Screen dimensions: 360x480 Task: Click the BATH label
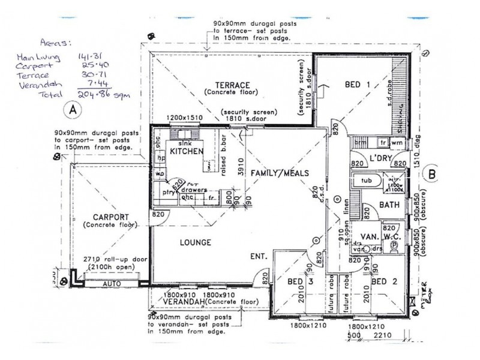pyautogui.click(x=389, y=205)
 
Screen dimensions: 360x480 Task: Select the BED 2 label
pyautogui.click(x=385, y=281)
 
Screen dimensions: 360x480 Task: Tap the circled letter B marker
pyautogui.click(x=431, y=175)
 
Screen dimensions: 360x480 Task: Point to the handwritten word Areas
pyautogui.click(x=53, y=43)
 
